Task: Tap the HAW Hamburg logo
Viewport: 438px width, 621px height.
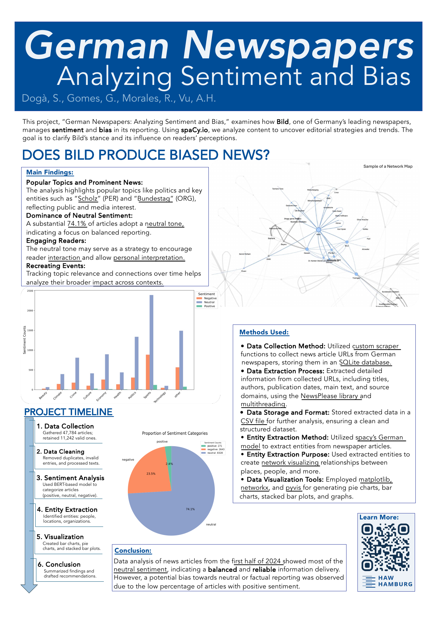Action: (x=386, y=581)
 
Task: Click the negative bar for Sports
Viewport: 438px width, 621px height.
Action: (x=148, y=372)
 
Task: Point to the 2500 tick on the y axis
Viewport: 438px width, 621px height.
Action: (x=30, y=291)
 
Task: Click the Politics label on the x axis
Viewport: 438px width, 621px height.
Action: (x=132, y=396)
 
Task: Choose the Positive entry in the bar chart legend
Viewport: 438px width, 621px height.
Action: (x=209, y=306)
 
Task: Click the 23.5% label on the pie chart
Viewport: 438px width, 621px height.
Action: (x=151, y=473)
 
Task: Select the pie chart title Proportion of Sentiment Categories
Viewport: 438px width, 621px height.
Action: (x=174, y=433)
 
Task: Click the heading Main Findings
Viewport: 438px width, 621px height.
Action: (x=50, y=172)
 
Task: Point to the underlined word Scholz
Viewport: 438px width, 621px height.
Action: (x=88, y=199)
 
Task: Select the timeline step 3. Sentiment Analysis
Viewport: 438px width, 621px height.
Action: (x=71, y=478)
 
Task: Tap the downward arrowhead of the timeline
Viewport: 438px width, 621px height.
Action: (x=29, y=588)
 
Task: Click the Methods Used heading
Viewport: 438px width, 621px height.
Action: (x=264, y=332)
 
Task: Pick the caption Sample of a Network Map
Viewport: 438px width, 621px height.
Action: (x=387, y=166)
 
